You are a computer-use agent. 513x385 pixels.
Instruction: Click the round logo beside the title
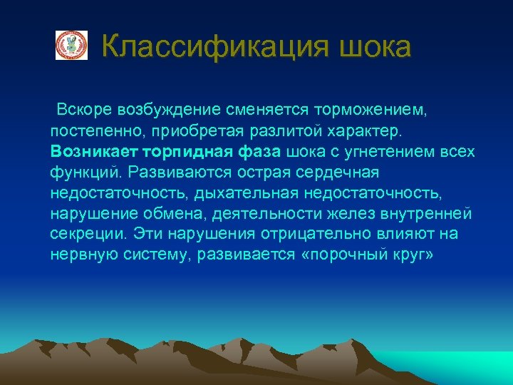[71, 46]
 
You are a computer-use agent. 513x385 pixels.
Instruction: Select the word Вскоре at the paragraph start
[85, 111]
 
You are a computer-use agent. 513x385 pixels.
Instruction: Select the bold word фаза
[262, 153]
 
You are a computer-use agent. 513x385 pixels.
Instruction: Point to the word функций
[85, 173]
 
